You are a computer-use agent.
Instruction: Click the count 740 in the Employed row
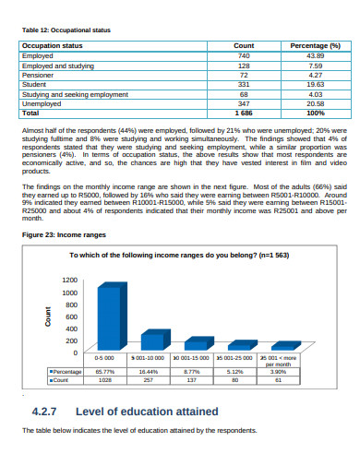(244, 56)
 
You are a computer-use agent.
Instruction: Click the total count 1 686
(244, 114)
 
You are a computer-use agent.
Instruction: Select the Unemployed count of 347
(244, 103)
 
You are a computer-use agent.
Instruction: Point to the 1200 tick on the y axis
(71, 280)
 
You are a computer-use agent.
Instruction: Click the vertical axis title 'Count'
(48, 317)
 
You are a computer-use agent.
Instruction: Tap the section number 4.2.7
(46, 412)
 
